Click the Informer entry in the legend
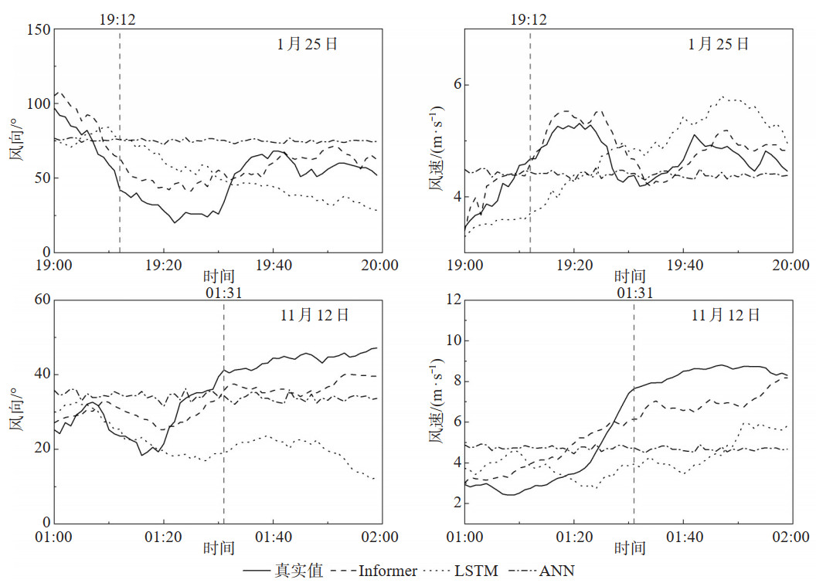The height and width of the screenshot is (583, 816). [388, 571]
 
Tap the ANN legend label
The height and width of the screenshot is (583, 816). [556, 571]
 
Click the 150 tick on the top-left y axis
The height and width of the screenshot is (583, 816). [39, 30]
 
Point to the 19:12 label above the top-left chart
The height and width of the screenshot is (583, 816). [117, 19]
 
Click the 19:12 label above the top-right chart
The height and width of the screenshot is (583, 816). [529, 19]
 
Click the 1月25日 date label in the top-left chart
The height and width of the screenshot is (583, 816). [307, 45]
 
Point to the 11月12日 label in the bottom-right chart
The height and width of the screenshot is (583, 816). [725, 315]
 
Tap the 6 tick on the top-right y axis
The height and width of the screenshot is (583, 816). [455, 84]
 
